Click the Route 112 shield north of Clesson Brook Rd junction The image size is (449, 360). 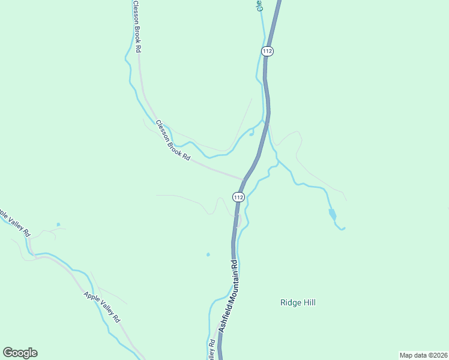(x=268, y=52)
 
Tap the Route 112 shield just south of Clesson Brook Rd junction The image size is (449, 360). (x=239, y=197)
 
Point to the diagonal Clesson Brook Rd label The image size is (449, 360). (x=173, y=140)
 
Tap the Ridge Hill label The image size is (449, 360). (x=298, y=302)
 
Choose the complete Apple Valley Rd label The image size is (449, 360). (x=103, y=307)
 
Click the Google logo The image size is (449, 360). (x=20, y=353)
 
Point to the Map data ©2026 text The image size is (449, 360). (x=423, y=355)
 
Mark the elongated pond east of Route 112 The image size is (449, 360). (x=332, y=214)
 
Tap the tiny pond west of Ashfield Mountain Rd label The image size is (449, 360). (x=208, y=254)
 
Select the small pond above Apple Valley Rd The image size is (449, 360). (x=58, y=224)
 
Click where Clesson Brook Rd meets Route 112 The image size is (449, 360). (x=243, y=179)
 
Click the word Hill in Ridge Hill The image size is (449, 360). (x=308, y=302)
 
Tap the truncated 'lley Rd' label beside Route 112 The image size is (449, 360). (x=212, y=350)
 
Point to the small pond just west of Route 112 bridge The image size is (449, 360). (x=251, y=133)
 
